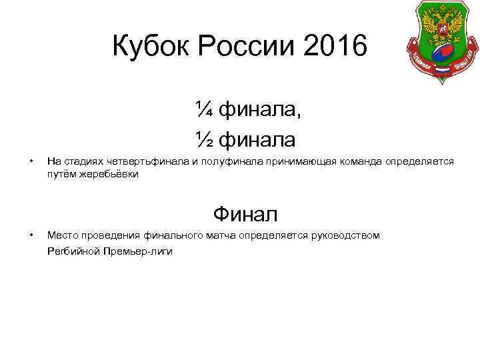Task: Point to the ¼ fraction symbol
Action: pyautogui.click(x=205, y=108)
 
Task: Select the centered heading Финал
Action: pyautogui.click(x=245, y=215)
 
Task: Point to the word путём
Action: pyautogui.click(x=59, y=173)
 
